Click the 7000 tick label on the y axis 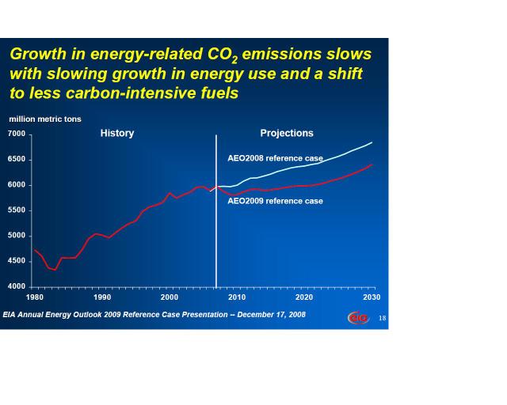[x=17, y=134]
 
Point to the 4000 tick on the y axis [x=17, y=286]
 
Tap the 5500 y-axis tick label [x=17, y=210]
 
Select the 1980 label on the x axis [x=35, y=297]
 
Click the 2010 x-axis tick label [x=237, y=297]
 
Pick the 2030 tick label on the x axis [x=372, y=297]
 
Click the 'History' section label [x=117, y=133]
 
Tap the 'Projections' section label [x=287, y=133]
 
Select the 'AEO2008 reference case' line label [x=275, y=159]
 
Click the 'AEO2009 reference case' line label [x=275, y=201]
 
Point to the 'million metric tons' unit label [x=45, y=119]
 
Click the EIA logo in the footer [x=358, y=317]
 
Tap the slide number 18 [x=382, y=318]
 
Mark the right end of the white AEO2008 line [x=372, y=142]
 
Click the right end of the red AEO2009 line [x=372, y=165]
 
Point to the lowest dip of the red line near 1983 [x=55, y=270]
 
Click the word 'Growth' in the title [x=38, y=55]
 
